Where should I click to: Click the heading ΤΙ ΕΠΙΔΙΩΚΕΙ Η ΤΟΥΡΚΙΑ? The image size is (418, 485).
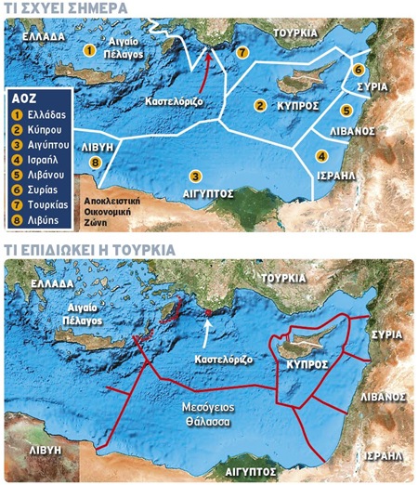[x=88, y=251]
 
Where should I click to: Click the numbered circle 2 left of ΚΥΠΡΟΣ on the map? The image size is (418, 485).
[x=261, y=106]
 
